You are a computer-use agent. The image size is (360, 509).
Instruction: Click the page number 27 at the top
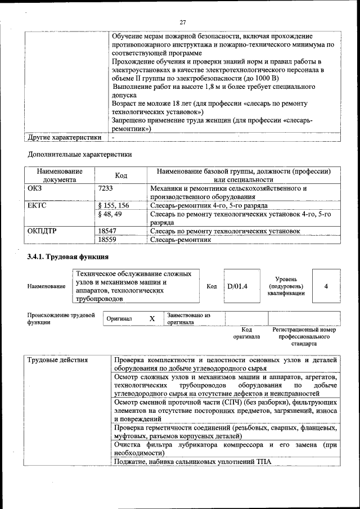point(183,22)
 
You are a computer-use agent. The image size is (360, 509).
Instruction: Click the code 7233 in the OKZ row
point(106,189)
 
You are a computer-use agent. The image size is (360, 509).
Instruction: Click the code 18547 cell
point(107,231)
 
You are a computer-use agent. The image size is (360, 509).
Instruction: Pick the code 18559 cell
point(107,240)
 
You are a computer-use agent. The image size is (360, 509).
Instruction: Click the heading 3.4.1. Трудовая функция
point(68,258)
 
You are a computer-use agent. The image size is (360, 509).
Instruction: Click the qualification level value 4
point(326,286)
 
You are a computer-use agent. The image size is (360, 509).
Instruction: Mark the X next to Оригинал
point(152,318)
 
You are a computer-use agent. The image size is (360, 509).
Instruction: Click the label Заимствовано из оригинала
point(188,319)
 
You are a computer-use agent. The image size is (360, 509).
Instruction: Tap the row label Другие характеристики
point(65,137)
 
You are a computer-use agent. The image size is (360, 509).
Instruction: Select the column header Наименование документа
point(60,175)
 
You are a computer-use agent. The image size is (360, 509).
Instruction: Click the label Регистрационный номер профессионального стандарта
point(304,336)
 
